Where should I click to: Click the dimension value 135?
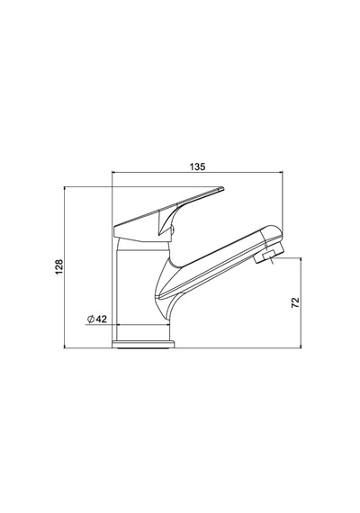tap(197, 166)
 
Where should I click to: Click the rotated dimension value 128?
tap(59, 267)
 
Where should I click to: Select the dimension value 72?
tap(295, 302)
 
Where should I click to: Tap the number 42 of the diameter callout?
tap(102, 319)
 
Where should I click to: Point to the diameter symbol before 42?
tap(91, 319)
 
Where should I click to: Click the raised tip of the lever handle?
tap(222, 188)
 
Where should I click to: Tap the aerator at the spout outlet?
tap(264, 256)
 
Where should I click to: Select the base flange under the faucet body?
tap(143, 344)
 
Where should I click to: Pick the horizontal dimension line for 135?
tap(197, 171)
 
